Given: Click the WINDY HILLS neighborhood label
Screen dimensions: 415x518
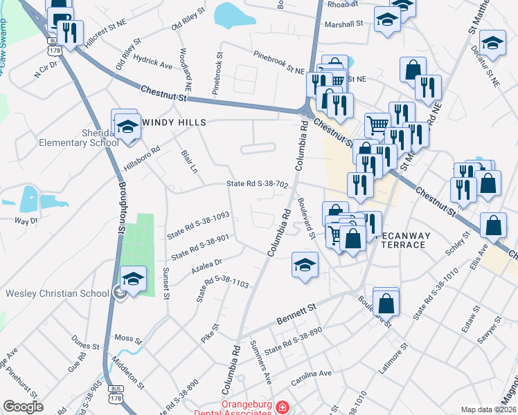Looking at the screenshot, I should click(174, 122).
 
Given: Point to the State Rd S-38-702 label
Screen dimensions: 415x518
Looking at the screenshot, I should click(257, 184).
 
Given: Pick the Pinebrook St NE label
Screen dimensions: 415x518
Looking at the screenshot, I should click(278, 62).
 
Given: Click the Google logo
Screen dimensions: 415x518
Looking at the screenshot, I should click(23, 406).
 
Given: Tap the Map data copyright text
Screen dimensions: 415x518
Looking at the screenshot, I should click(488, 409).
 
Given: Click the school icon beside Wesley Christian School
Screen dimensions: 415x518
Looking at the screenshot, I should click(133, 280).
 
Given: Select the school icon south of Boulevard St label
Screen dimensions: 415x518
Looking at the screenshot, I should click(305, 265).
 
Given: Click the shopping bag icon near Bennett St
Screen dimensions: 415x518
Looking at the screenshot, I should click(386, 302).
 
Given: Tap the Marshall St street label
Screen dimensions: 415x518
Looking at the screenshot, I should click(344, 24).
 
